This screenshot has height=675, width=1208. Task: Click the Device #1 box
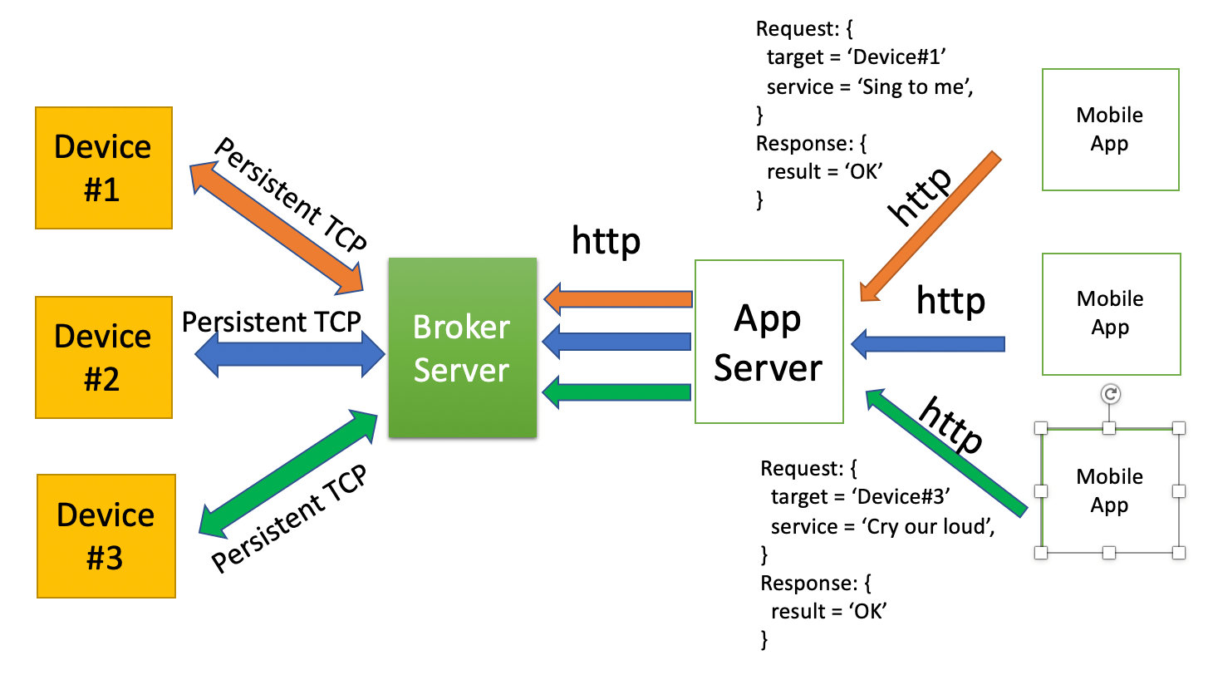tap(104, 167)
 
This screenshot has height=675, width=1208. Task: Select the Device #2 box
tap(104, 357)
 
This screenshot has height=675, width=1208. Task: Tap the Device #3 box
tap(106, 535)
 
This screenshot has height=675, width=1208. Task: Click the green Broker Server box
tap(462, 347)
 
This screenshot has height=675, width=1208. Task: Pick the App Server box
tap(769, 341)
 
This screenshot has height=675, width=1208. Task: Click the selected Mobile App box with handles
tap(1109, 490)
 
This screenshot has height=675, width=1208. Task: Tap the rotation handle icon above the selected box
tap(1111, 394)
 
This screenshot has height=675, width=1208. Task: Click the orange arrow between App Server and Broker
tap(619, 299)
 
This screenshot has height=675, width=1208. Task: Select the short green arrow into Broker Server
tap(619, 391)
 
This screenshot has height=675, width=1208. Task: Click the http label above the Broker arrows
tap(606, 241)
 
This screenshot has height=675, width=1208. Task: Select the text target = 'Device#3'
tap(860, 497)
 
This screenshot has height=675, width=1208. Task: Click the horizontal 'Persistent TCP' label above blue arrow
tap(272, 322)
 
